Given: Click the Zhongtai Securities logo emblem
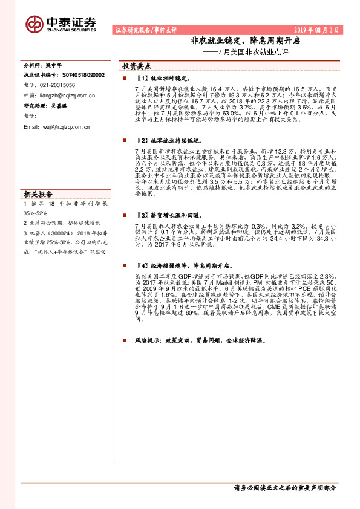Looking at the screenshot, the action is [33, 24].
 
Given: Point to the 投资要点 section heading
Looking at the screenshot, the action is [137, 65].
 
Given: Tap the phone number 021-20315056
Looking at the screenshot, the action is [54, 85].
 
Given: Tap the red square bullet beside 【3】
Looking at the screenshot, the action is [123, 215].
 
